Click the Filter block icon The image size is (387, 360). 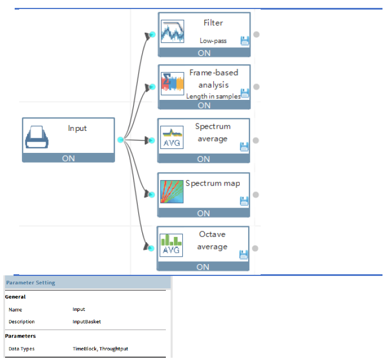[x=173, y=32]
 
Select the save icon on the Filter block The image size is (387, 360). [x=245, y=41]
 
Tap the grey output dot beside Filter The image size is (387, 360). [x=257, y=34]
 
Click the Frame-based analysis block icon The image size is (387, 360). [x=173, y=84]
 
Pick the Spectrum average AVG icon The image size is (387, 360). [x=171, y=137]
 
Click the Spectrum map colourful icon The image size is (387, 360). [x=171, y=192]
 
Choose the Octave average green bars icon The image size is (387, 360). [x=171, y=245]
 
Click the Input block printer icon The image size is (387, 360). [x=37, y=137]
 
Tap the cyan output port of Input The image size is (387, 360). [x=121, y=140]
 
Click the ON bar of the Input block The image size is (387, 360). [x=68, y=158]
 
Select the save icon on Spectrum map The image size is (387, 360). [x=244, y=201]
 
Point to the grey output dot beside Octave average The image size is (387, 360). [x=255, y=248]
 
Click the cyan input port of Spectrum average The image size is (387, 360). [x=152, y=141]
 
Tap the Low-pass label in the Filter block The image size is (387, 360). [x=213, y=41]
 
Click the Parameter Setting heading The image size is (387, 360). [x=30, y=283]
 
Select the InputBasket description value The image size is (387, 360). [x=87, y=322]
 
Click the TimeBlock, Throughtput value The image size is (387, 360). [x=100, y=349]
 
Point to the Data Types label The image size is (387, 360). [x=21, y=349]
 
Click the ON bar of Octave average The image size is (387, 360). [x=203, y=267]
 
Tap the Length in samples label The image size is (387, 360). [x=213, y=96]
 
